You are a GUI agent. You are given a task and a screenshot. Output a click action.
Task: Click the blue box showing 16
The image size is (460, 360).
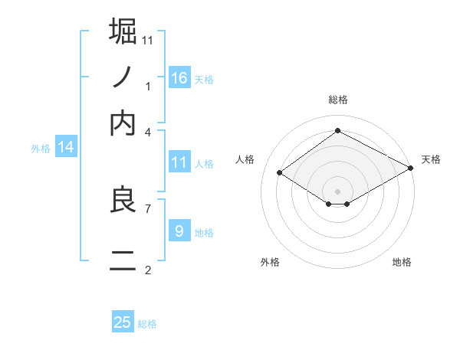click(179, 77)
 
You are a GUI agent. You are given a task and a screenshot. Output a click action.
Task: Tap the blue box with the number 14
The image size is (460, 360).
click(66, 147)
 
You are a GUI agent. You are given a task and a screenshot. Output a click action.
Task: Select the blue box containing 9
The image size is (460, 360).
click(179, 231)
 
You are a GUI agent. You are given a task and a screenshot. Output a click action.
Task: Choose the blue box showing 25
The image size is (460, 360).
click(123, 322)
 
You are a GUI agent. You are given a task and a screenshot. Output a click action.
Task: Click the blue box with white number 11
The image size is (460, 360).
click(179, 162)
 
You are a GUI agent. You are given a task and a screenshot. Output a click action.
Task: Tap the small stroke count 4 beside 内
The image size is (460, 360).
click(148, 132)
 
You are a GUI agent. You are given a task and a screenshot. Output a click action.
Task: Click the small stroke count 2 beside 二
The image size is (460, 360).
click(148, 270)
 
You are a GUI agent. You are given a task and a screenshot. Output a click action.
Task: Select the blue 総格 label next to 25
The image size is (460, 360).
click(147, 324)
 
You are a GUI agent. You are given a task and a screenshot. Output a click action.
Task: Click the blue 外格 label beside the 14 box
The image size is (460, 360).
click(40, 149)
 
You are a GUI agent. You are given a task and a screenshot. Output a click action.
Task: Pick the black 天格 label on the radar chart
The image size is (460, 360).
click(431, 159)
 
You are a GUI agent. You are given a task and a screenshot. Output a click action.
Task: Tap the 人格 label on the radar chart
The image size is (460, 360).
click(245, 159)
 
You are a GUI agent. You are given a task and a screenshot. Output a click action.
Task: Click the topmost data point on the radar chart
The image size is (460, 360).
click(337, 130)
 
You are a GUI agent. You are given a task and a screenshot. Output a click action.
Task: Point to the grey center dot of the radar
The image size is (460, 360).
click(337, 190)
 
